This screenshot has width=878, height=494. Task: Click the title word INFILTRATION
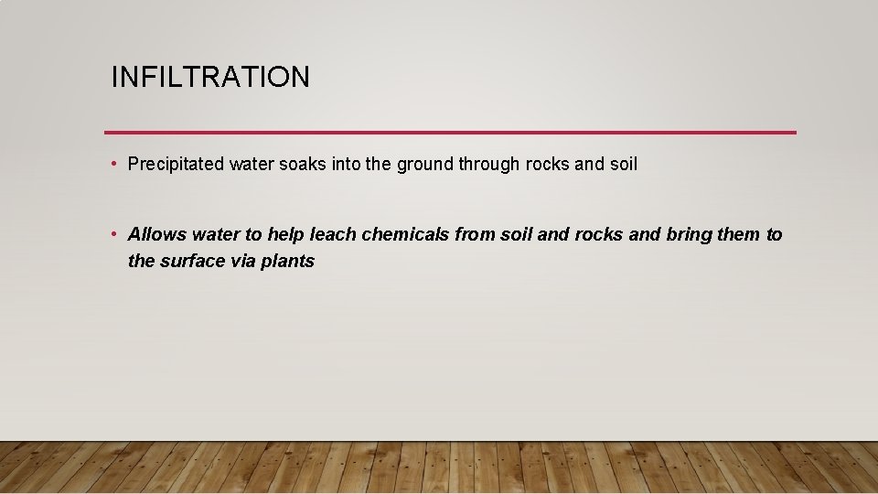[x=210, y=77]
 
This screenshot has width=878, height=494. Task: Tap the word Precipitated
[x=176, y=165]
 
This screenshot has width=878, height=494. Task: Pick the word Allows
[x=156, y=234]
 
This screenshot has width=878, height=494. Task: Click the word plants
[x=287, y=261]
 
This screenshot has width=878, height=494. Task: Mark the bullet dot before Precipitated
[x=112, y=165]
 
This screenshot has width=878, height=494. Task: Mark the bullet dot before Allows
[x=112, y=234]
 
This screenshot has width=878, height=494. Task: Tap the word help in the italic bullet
[x=284, y=234]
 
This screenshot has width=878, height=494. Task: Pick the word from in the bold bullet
[x=475, y=234]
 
